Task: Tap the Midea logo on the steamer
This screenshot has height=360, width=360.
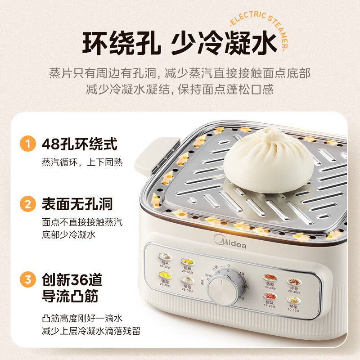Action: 230,243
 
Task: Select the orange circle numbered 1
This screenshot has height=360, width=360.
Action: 28,144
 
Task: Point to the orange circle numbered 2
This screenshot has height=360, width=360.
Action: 28,205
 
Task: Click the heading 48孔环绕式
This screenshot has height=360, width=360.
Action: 79,144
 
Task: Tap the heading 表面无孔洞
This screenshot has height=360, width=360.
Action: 77,205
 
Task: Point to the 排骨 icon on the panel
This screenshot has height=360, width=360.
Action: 293,282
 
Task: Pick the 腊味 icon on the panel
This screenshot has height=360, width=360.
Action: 270,297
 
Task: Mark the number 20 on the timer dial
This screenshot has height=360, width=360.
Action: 246,287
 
